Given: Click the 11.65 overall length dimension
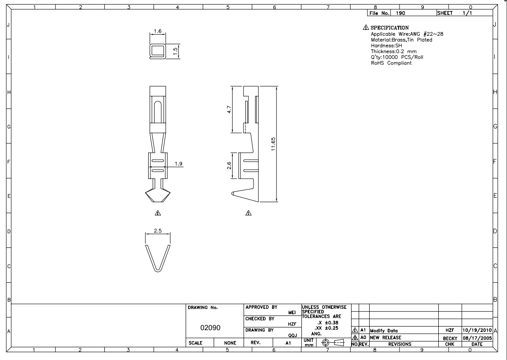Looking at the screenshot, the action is (273, 144).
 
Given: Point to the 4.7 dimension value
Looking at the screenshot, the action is (229, 109).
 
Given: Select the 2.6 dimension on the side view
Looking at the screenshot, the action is (229, 166).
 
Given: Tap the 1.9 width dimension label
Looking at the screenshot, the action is (178, 164).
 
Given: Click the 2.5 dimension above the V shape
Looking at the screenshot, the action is (158, 231).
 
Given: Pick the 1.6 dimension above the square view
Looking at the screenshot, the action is (157, 31).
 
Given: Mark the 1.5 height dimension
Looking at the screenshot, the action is (175, 51).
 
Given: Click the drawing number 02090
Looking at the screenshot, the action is (210, 327).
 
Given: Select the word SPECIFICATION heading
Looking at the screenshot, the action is (390, 28).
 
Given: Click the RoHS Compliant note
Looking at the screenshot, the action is (391, 63).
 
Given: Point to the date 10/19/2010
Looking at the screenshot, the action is (477, 330).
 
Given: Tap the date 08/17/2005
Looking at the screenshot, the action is (477, 338).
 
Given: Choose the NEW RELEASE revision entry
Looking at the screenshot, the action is (386, 337).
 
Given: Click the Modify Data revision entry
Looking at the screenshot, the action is (384, 331).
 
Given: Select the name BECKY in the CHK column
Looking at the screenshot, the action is (450, 338).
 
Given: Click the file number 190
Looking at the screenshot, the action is (400, 13).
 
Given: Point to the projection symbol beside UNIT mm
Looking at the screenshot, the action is (333, 342).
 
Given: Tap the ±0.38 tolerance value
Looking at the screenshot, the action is (331, 322).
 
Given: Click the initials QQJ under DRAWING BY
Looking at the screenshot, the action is (293, 336).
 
